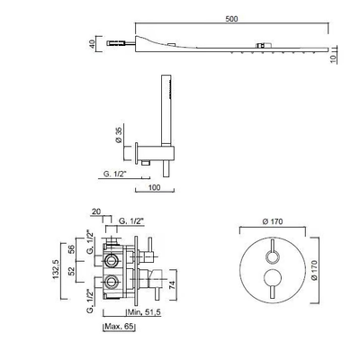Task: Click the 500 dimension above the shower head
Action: [x=231, y=19]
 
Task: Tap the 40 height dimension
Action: [x=92, y=44]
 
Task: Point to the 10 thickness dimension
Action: [x=333, y=58]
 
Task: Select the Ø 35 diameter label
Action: [x=118, y=135]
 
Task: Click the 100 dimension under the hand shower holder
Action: [x=154, y=187]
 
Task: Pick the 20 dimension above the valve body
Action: [x=96, y=211]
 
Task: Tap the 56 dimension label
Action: [x=71, y=248]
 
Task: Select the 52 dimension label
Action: [x=71, y=272]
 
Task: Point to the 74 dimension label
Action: [x=172, y=284]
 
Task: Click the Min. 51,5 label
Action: [x=145, y=312]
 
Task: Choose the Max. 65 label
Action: [x=119, y=327]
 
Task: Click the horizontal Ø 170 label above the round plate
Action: [x=273, y=221]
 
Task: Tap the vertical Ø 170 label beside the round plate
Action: [x=314, y=270]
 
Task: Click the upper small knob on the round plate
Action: [x=273, y=257]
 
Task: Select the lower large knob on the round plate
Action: [x=273, y=277]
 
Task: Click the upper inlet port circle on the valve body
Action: [x=111, y=259]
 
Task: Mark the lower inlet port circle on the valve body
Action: [x=111, y=282]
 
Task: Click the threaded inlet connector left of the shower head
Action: [x=114, y=43]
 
